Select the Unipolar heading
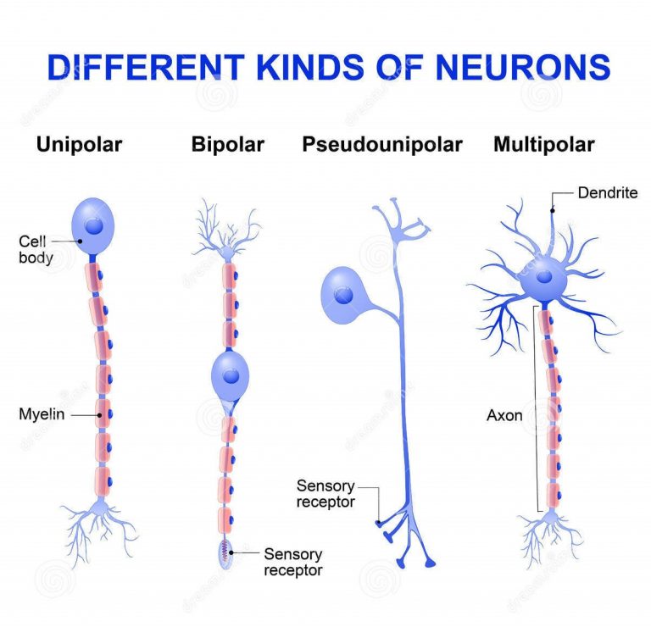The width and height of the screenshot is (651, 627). [79, 145]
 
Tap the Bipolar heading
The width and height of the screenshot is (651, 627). [227, 145]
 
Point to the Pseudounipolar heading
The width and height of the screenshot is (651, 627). [381, 145]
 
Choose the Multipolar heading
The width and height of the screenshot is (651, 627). [543, 145]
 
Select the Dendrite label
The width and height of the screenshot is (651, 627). [607, 193]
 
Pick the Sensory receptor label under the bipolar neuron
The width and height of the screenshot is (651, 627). [292, 562]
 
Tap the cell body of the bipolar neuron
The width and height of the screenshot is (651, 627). [229, 373]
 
